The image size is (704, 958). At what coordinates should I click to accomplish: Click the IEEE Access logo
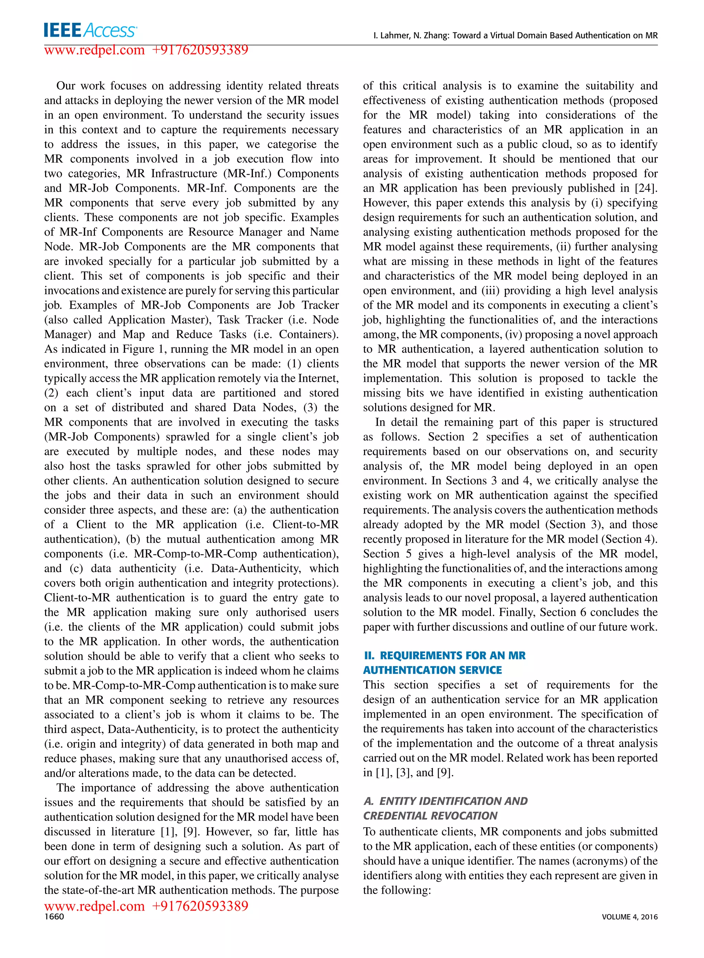pos(90,30)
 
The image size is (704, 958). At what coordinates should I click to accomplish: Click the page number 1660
pos(54,917)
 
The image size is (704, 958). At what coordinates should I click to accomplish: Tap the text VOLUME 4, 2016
pos(629,917)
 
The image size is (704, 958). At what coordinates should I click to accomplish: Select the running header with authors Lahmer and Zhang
pos(515,35)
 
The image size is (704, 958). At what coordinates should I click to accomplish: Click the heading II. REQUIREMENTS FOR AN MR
pos(444,656)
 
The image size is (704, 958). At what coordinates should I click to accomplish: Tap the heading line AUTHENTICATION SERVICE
pos(432,670)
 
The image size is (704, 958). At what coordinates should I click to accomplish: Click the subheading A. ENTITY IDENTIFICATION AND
pos(445,801)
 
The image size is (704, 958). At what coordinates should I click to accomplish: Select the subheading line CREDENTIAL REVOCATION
pos(430,816)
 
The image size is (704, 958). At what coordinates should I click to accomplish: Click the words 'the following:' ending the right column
pos(397,890)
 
